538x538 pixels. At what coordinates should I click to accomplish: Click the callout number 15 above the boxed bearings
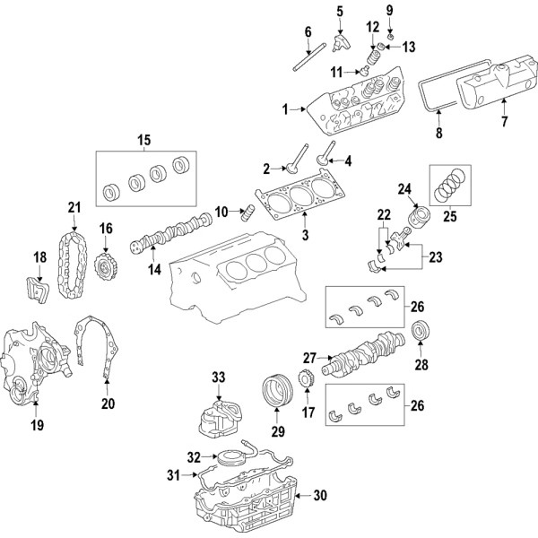(144, 140)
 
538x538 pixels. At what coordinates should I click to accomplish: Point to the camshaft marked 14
(171, 231)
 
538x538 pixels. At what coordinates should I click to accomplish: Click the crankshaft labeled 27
(363, 352)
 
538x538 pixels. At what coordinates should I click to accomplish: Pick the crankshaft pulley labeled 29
(276, 392)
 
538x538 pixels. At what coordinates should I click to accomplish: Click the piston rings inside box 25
(450, 186)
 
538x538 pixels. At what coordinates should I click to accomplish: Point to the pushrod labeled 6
(309, 56)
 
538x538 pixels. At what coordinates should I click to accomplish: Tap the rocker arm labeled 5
(341, 43)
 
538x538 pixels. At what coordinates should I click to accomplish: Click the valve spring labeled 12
(374, 56)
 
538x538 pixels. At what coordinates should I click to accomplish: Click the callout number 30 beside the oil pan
(320, 495)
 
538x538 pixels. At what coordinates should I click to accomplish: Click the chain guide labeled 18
(38, 291)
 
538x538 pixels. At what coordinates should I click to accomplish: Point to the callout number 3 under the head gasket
(305, 235)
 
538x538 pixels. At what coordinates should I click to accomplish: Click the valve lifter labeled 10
(247, 213)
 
